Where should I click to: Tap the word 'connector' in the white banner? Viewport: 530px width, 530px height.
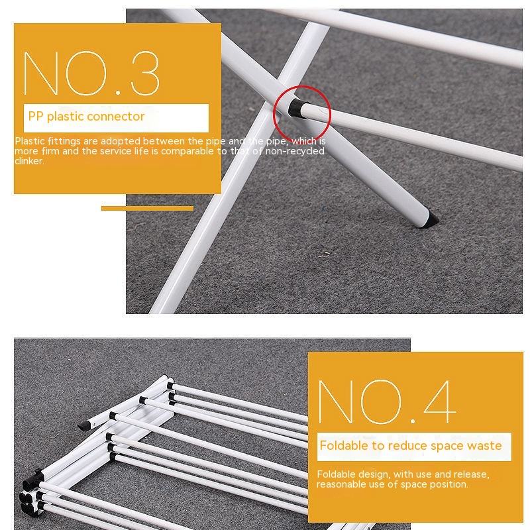pyautogui.click(x=116, y=117)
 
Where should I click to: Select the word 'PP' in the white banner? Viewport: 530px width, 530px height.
pyautogui.click(x=36, y=117)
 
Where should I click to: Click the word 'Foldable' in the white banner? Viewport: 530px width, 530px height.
pyautogui.click(x=344, y=445)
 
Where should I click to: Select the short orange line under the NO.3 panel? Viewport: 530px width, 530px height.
pyautogui.click(x=147, y=208)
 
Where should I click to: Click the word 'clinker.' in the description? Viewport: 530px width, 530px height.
pyautogui.click(x=28, y=161)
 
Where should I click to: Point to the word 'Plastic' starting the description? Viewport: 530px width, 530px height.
pyautogui.click(x=30, y=141)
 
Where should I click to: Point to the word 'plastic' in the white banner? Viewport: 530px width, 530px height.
pyautogui.click(x=66, y=117)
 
